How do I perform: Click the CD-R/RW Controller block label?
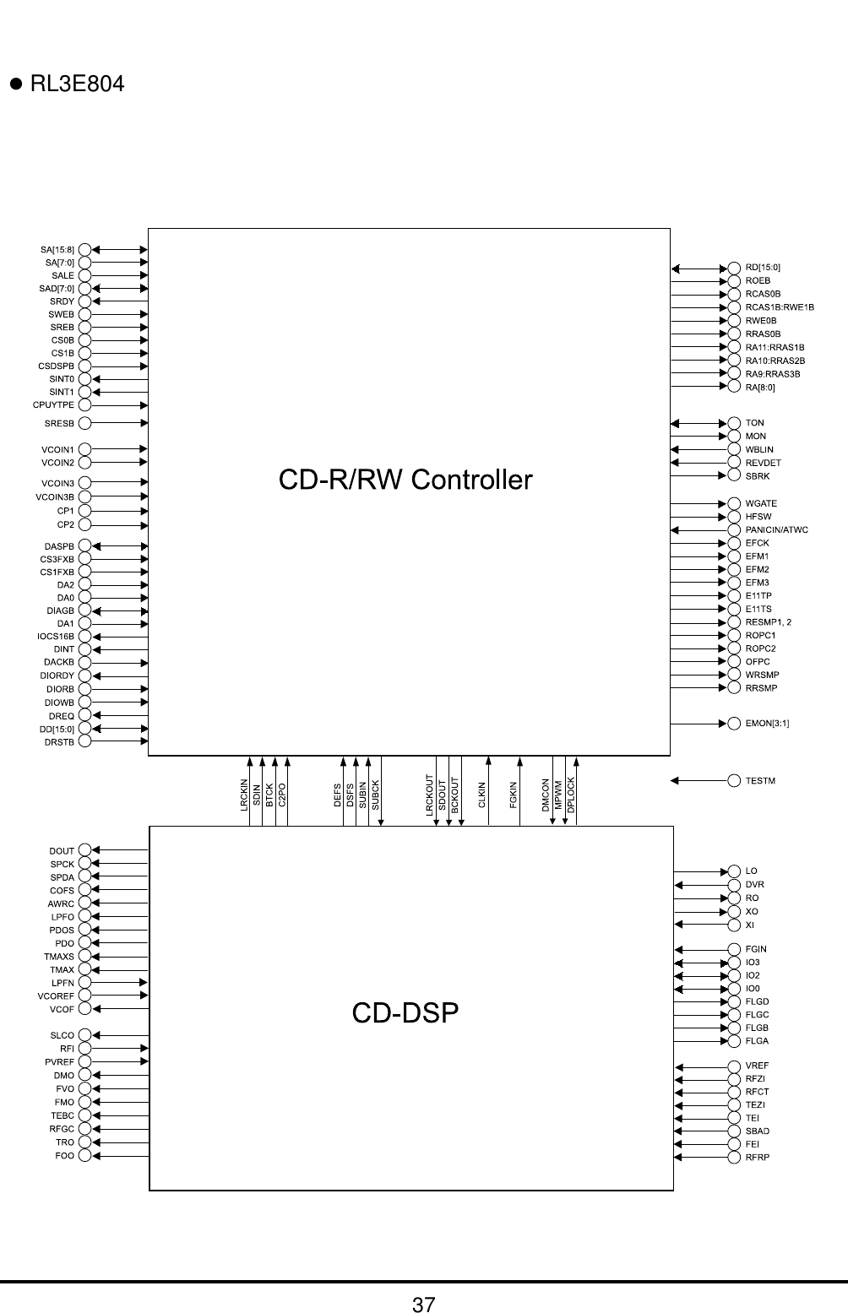[x=406, y=480]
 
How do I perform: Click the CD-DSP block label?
[x=405, y=1012]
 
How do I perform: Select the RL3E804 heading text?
[x=77, y=84]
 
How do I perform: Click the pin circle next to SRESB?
[x=84, y=422]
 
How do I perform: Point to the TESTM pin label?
[x=760, y=781]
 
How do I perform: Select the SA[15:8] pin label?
[x=57, y=250]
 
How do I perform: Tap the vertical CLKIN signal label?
[x=482, y=795]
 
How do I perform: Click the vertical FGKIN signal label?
[x=514, y=795]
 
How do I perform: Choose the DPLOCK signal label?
[x=572, y=795]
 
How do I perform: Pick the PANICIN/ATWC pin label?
[x=777, y=530]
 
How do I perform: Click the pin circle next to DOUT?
[x=84, y=851]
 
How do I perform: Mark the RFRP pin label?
[x=758, y=1157]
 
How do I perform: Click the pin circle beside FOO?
[x=84, y=1156]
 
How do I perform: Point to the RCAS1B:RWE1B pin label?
[x=780, y=307]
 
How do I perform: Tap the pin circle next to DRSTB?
[x=84, y=742]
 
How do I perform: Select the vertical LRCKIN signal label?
[x=244, y=795]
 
